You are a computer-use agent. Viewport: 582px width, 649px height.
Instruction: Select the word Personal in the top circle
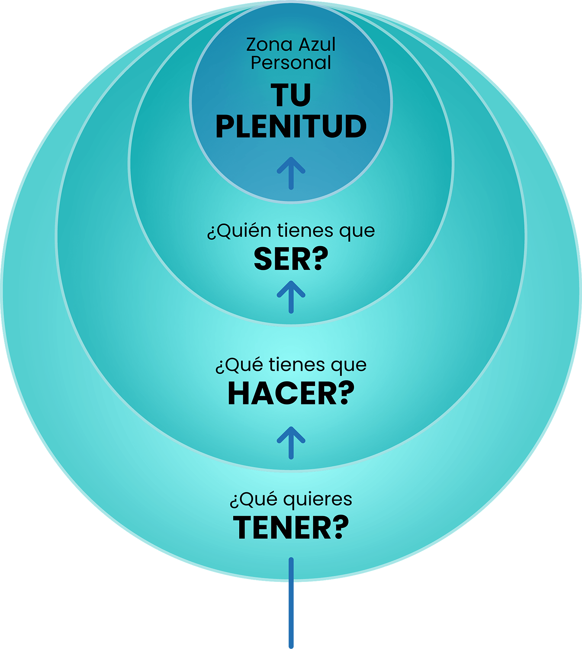coord(291,62)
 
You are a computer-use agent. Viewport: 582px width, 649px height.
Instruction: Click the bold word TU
coord(291,95)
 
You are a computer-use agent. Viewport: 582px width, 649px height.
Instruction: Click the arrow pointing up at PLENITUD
coord(291,173)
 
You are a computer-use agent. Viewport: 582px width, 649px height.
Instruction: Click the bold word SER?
coord(291,259)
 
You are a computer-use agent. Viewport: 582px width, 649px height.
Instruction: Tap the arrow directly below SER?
coord(291,297)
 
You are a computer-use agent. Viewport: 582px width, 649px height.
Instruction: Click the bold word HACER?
coord(291,393)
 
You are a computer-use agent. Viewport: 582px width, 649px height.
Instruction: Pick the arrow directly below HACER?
coord(291,443)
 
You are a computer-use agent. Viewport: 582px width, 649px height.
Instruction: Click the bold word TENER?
coord(291,528)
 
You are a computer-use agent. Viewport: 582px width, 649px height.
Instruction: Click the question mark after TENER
coord(341,527)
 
